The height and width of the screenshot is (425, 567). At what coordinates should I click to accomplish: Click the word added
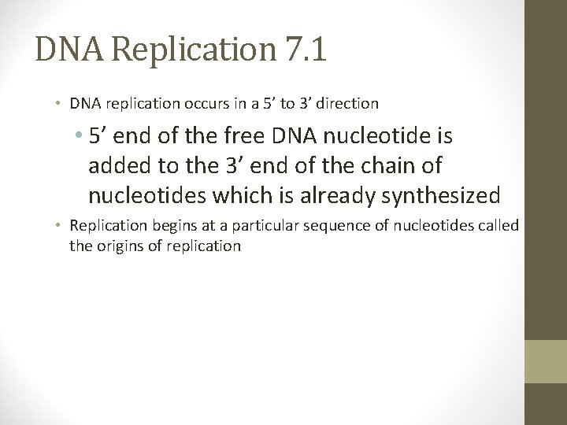tap(117, 166)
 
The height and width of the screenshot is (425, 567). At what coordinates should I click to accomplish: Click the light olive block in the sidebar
tap(546, 361)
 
